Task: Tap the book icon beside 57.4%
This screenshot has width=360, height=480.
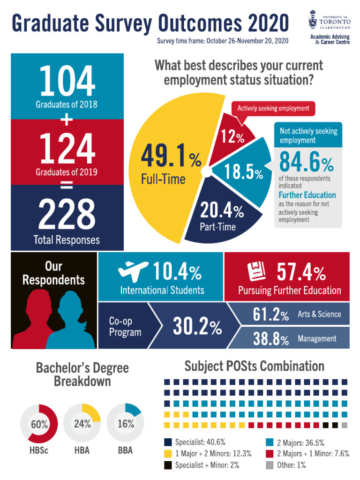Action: click(x=256, y=271)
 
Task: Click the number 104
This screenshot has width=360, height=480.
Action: click(x=67, y=82)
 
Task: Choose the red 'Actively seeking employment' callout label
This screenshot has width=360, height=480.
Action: click(x=273, y=108)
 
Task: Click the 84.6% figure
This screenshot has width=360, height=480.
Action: click(x=306, y=163)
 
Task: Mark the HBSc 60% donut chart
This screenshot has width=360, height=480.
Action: click(x=39, y=424)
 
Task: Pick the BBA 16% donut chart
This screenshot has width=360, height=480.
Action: click(x=126, y=424)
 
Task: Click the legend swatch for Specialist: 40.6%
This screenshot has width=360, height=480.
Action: click(x=168, y=442)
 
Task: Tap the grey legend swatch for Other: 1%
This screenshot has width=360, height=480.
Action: click(x=270, y=465)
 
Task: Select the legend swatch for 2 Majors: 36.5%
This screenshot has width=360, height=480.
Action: click(x=270, y=442)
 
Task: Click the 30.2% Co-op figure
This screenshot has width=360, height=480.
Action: click(x=197, y=327)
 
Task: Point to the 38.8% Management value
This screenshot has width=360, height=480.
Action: click(x=270, y=339)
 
